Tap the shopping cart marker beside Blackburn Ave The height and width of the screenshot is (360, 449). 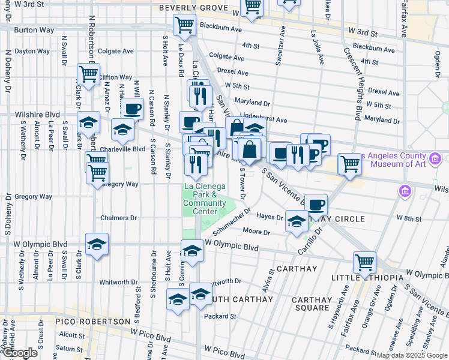[x=184, y=25]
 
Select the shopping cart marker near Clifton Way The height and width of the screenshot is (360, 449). [x=88, y=75]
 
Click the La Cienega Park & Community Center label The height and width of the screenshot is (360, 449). [x=200, y=199]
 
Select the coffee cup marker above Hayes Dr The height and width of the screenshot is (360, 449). [x=316, y=205]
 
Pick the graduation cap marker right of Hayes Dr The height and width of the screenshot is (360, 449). [x=296, y=222]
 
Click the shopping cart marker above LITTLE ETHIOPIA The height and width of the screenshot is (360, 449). [x=364, y=262]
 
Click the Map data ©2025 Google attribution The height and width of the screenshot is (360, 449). [x=411, y=355]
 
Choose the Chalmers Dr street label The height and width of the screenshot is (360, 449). [x=118, y=218]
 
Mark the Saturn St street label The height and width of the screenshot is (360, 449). [x=71, y=347]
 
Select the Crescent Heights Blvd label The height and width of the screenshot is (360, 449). [x=351, y=85]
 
